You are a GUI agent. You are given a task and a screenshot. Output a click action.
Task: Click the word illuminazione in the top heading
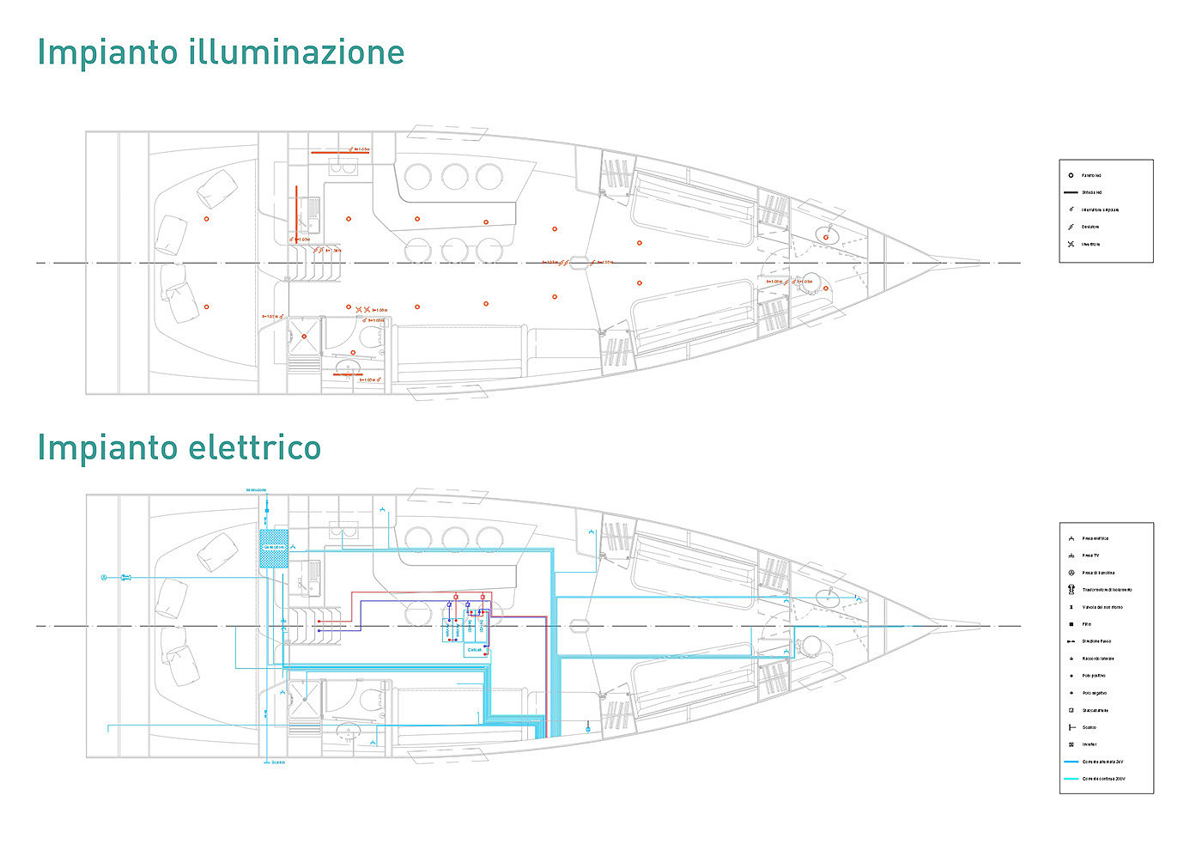295,52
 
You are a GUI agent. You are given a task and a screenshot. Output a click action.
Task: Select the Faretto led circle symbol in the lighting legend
1071,175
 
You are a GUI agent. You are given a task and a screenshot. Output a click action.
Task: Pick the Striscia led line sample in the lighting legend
1071,192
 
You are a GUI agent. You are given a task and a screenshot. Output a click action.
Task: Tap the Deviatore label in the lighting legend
1090,227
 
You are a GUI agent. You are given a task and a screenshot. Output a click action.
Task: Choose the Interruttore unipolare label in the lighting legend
1100,209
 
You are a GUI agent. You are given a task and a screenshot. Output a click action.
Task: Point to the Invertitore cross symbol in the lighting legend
1071,244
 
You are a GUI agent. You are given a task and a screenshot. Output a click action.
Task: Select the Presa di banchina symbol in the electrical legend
1071,573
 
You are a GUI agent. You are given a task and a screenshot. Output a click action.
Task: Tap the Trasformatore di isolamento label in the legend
1107,590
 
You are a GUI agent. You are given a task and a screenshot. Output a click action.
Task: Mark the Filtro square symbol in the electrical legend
1071,624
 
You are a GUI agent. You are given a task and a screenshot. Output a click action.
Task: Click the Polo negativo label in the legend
1094,693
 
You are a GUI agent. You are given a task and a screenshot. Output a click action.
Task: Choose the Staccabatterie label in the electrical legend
1095,710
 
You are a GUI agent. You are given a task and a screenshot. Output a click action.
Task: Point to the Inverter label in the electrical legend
1089,744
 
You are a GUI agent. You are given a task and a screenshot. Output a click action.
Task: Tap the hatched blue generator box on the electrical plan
273,548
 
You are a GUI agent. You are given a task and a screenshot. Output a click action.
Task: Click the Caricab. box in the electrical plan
475,650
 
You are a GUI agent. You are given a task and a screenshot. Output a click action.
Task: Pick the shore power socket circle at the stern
105,578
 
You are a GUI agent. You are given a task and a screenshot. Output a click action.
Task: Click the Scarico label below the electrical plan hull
277,762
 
